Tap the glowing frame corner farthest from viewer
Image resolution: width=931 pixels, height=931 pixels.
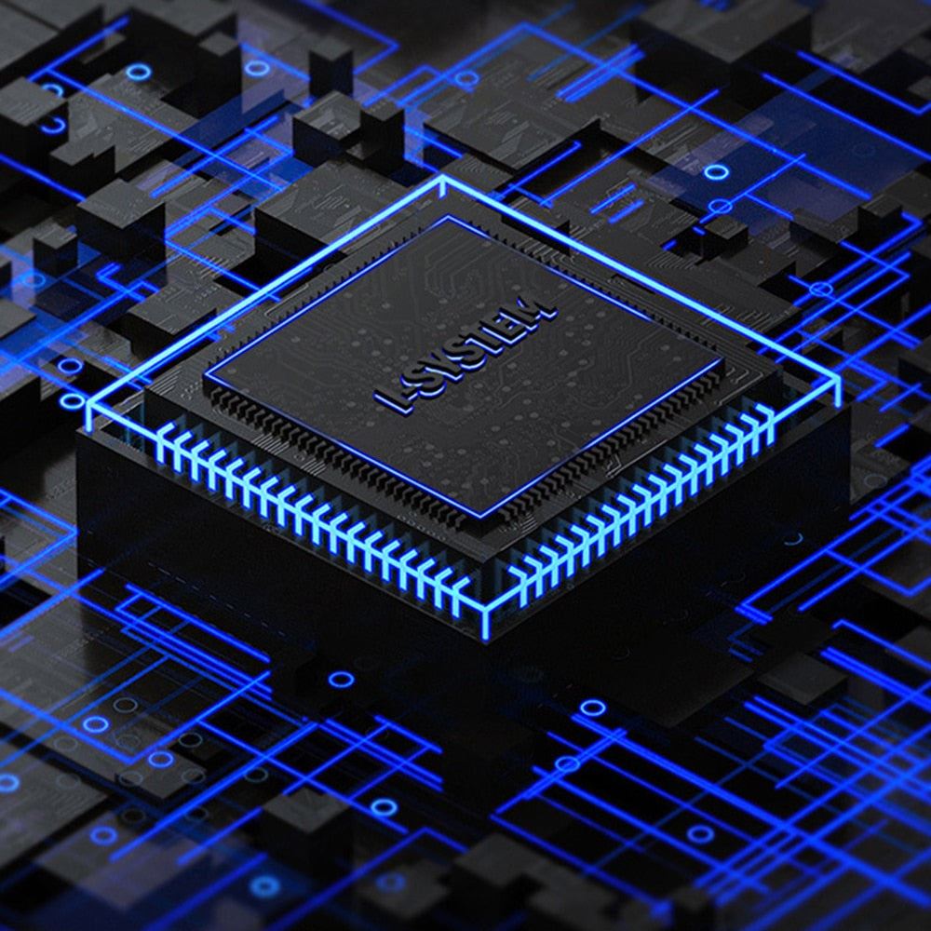[441, 178]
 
